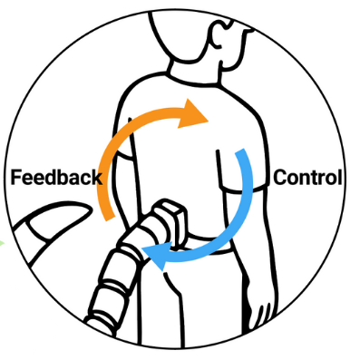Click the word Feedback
coord(55,177)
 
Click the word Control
coord(308,177)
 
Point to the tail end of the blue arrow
coord(241,155)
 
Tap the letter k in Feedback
coord(96,177)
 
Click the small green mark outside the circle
coord(3,242)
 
